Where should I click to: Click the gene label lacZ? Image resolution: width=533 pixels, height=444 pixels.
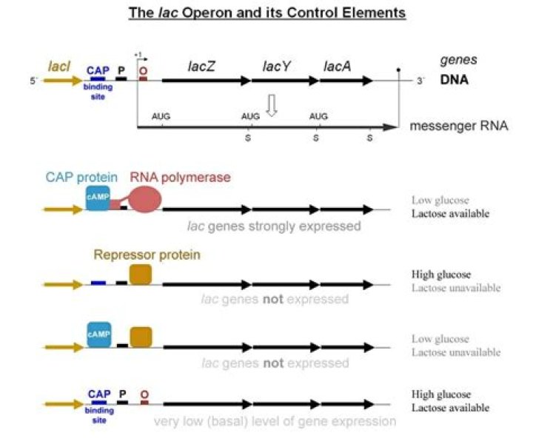click(x=201, y=67)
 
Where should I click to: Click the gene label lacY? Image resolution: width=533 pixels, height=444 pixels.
click(x=277, y=67)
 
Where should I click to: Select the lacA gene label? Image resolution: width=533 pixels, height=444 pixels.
click(x=337, y=67)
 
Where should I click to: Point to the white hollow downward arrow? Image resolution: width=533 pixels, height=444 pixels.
click(x=272, y=109)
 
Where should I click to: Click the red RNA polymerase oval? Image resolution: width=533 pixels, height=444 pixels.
click(x=145, y=200)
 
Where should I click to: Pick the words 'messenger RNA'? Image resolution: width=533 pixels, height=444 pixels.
click(x=458, y=126)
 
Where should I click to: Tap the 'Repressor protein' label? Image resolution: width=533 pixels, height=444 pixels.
click(x=147, y=255)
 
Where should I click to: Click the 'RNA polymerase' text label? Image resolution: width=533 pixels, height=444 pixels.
click(x=181, y=178)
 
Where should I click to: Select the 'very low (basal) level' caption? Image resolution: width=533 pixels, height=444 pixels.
click(x=275, y=422)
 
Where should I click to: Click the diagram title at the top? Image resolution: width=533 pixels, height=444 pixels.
click(x=268, y=13)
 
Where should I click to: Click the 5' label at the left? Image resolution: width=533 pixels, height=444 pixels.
click(x=33, y=81)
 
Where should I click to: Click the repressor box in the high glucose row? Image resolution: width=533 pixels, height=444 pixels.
click(x=140, y=275)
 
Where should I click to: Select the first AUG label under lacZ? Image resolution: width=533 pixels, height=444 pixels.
click(x=161, y=116)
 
